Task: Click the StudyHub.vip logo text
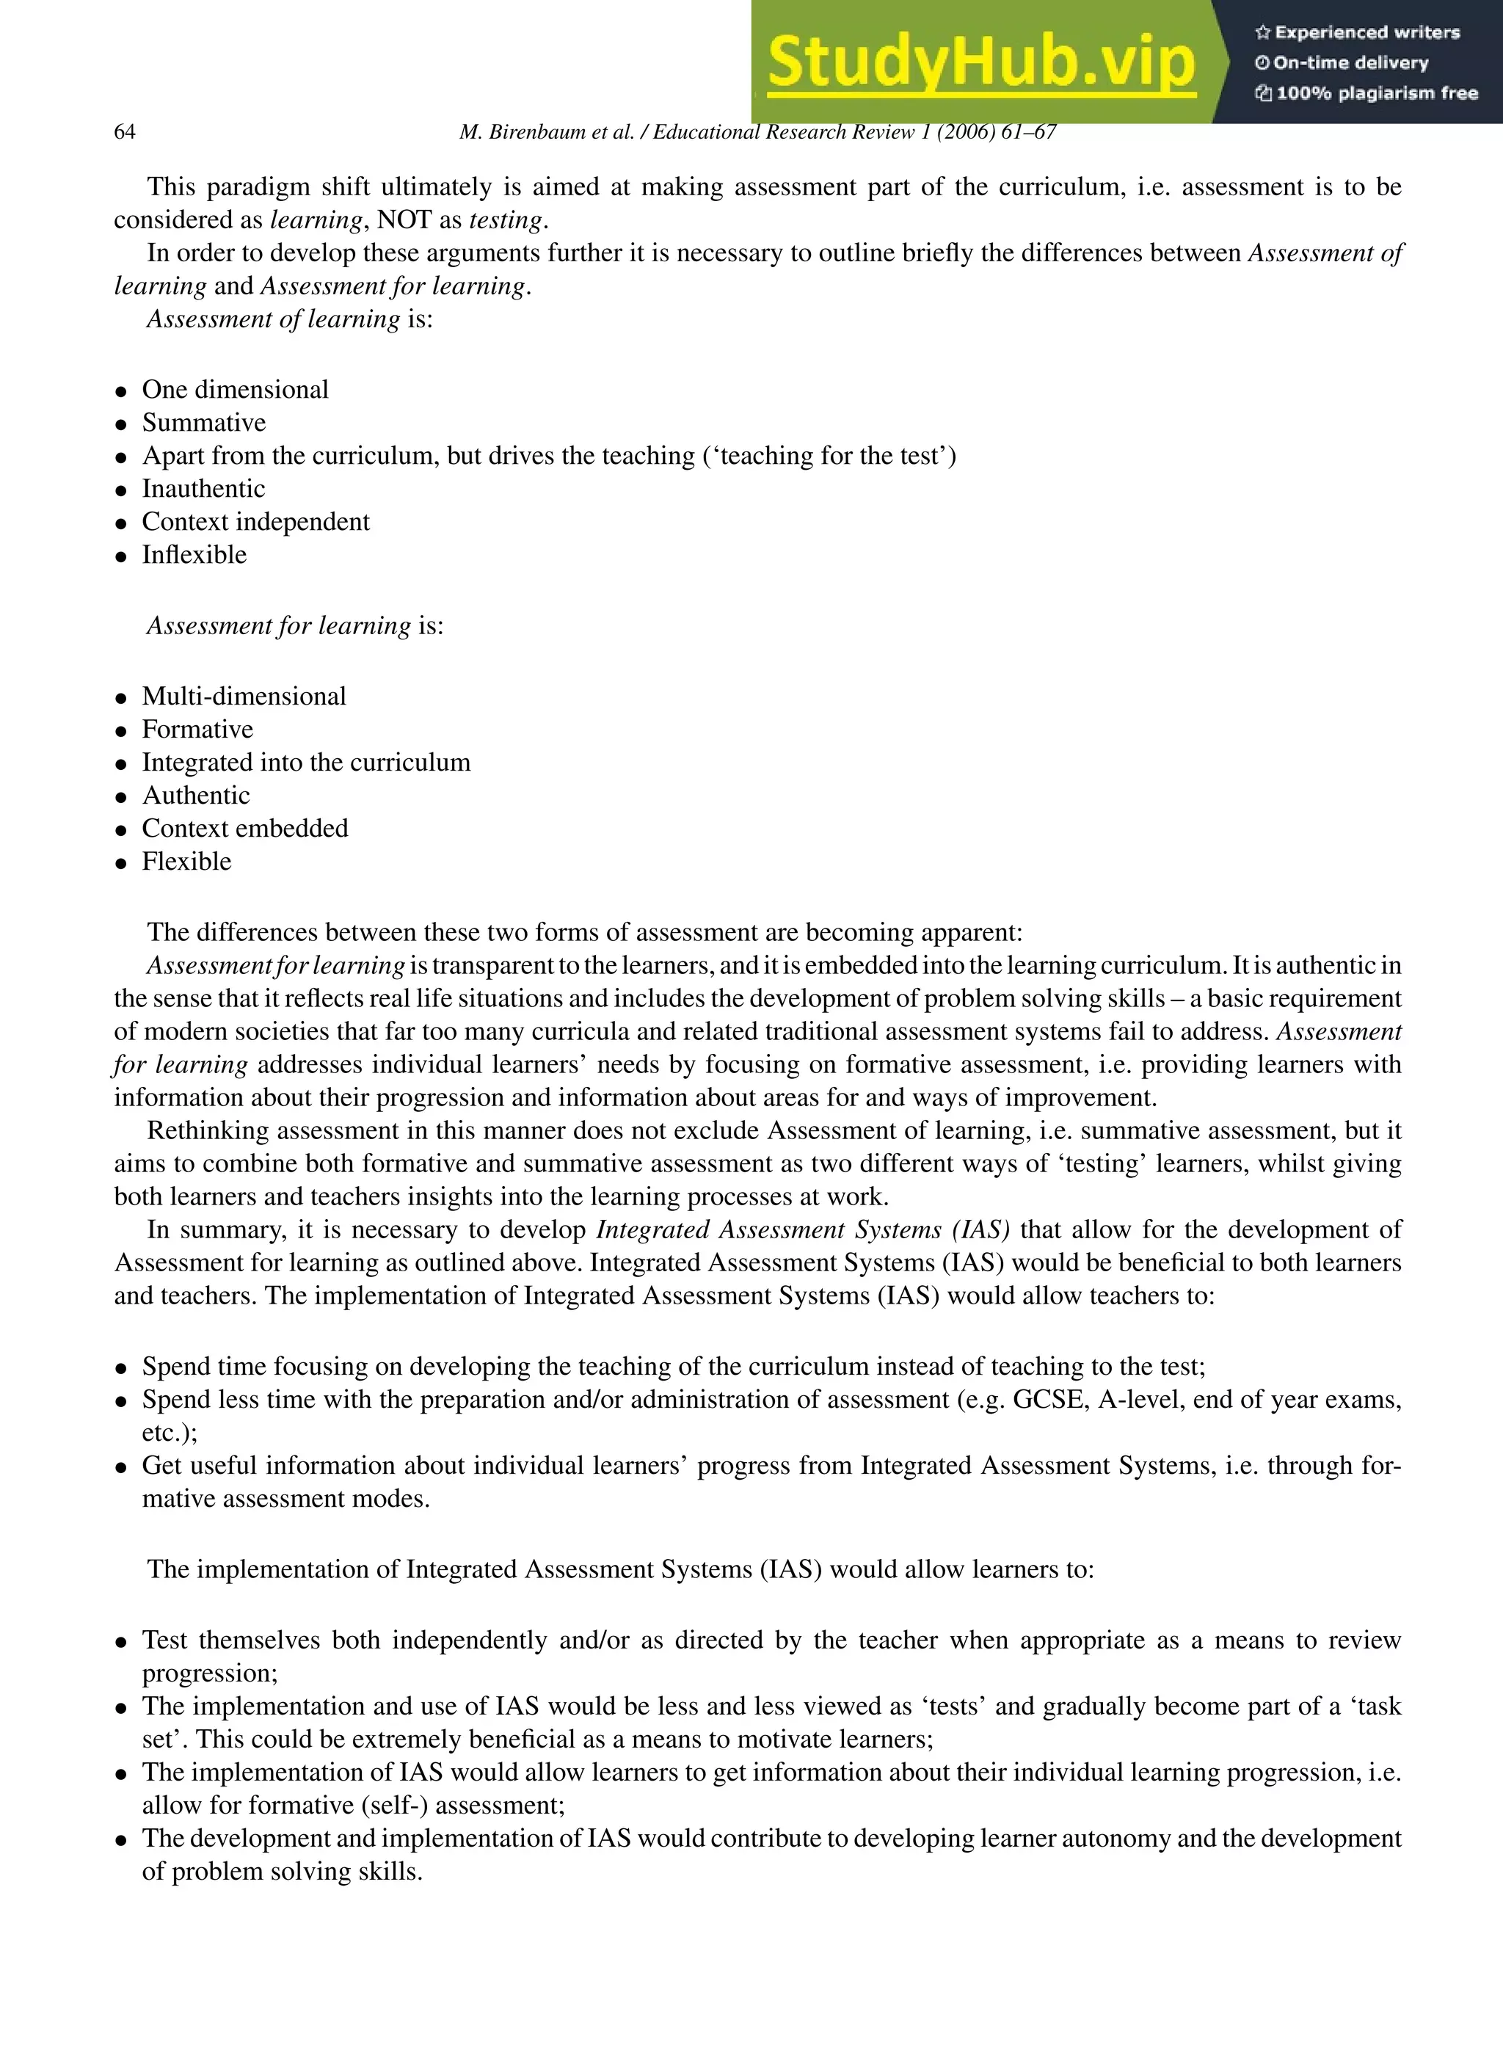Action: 980,62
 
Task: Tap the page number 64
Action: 125,132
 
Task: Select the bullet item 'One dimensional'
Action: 235,390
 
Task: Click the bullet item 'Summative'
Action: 204,423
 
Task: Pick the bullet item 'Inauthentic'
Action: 203,489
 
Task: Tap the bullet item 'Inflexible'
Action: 194,555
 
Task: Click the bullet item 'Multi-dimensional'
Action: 244,696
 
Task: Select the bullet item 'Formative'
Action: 197,730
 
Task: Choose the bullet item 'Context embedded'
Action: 244,828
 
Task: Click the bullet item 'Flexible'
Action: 186,862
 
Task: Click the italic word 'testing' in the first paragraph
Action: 505,220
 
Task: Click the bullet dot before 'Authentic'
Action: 121,797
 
